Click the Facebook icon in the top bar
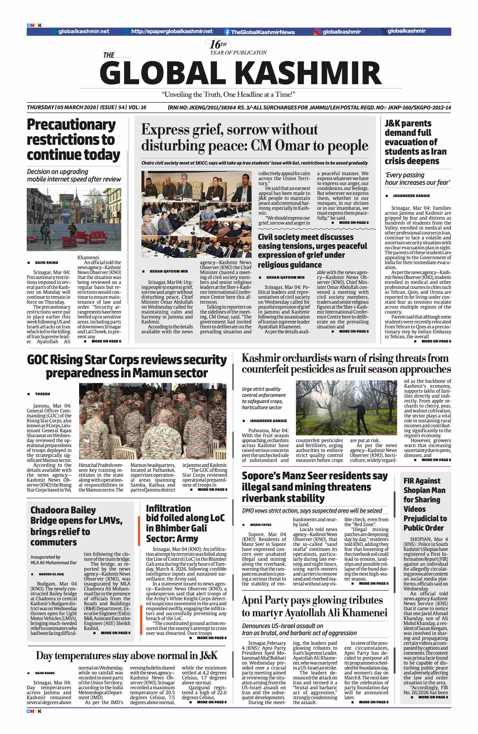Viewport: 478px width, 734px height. [227, 32]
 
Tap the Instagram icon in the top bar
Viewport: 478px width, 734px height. [317, 32]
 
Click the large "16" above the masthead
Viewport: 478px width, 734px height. [215, 44]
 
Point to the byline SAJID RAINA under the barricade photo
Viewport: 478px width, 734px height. [46, 262]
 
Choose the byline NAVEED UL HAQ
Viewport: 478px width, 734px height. [51, 574]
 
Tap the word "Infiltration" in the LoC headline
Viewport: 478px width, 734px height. [168, 508]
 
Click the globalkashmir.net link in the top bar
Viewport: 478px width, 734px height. [83, 32]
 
